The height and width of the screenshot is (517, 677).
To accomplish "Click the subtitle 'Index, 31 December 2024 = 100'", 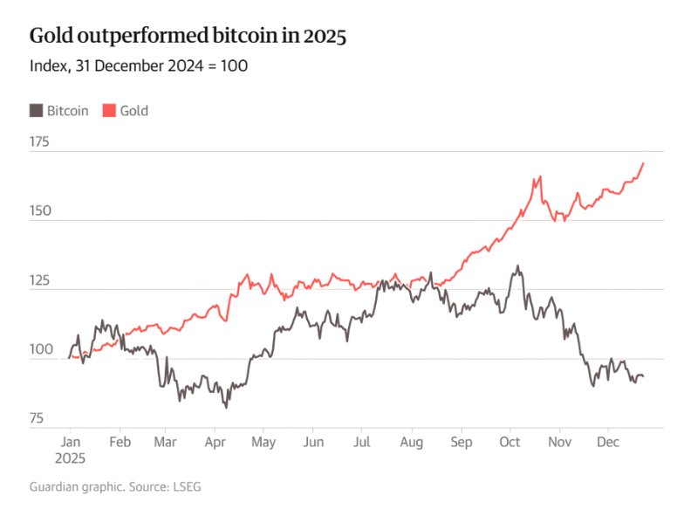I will click(139, 66).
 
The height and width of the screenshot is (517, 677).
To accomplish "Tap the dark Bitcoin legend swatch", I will click(37, 111).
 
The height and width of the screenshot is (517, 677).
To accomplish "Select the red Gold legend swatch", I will click(109, 111).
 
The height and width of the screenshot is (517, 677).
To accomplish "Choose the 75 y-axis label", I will click(38, 419).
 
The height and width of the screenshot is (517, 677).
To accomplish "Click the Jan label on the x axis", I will click(71, 442).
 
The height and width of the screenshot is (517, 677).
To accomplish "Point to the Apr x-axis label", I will click(215, 442).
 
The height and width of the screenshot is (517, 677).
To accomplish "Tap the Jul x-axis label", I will click(361, 442).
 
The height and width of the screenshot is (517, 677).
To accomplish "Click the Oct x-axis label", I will click(509, 442).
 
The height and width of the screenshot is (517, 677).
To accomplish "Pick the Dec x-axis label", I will click(608, 442).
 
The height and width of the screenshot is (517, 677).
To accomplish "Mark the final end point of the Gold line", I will click(644, 163).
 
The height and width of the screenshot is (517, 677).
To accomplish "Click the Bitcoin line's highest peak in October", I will click(518, 266).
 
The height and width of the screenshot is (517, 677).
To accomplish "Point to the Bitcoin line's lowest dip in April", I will click(227, 407).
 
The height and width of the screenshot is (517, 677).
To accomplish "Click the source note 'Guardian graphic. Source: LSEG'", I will click(115, 486).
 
